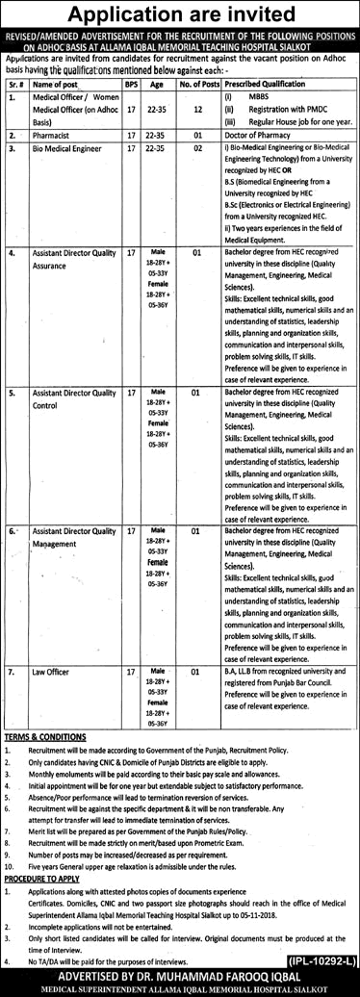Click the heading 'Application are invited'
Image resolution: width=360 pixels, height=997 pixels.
pos(179,13)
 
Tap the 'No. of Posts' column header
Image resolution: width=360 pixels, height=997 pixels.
pos(195,84)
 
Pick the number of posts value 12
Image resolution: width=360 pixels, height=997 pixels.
pos(195,110)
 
